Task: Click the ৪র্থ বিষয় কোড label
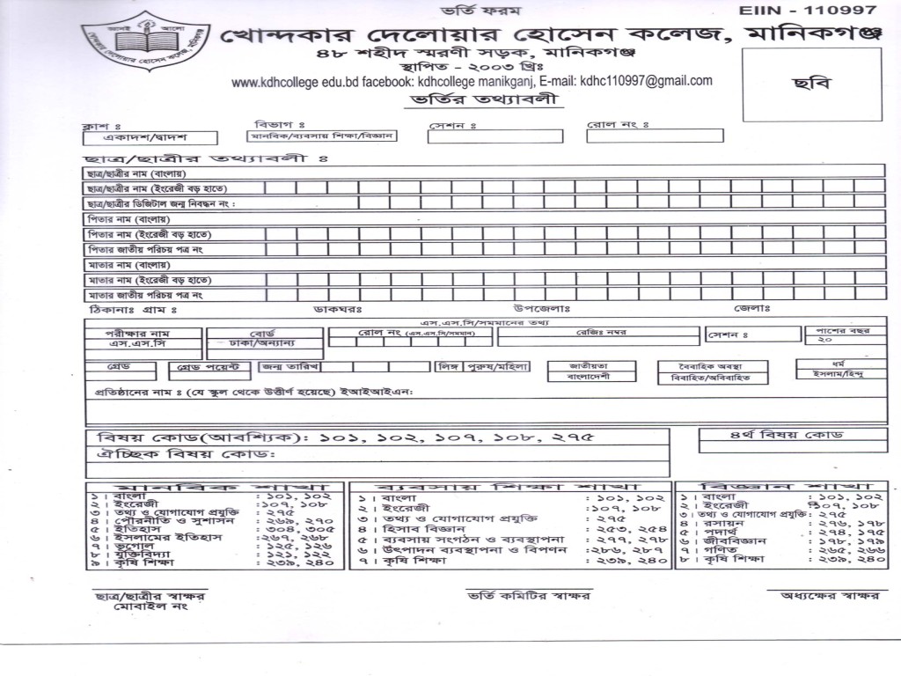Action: pos(774,436)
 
